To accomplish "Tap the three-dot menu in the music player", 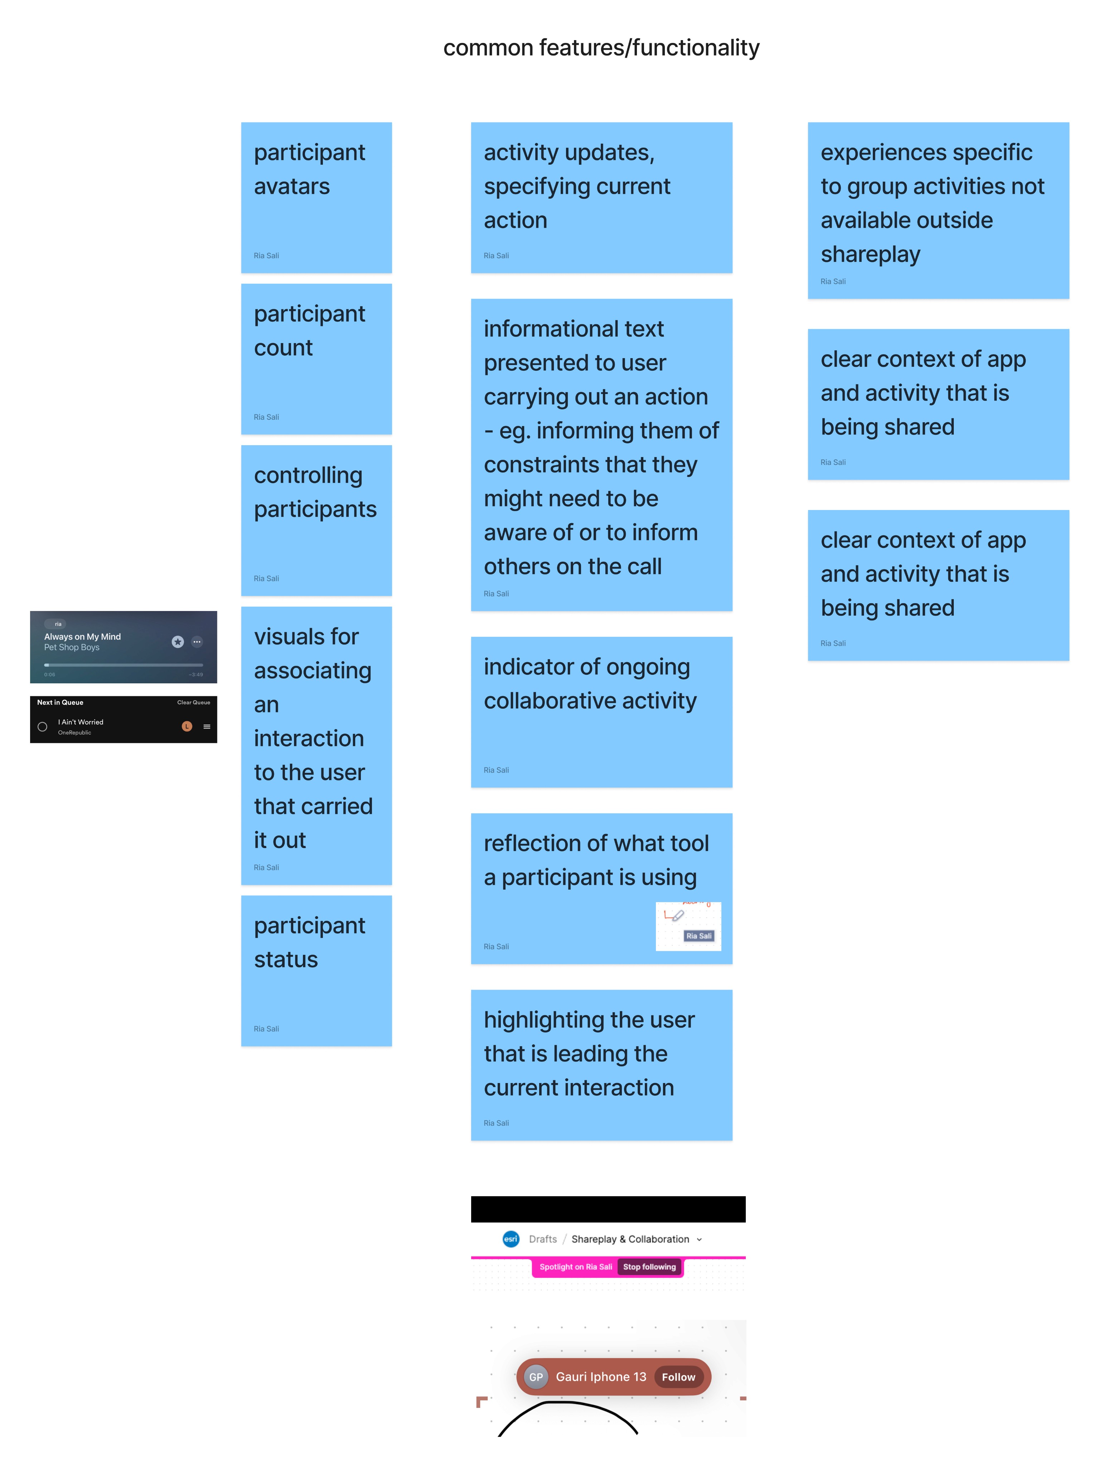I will click(x=197, y=641).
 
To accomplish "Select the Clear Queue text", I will click(x=194, y=702).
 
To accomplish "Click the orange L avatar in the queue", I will click(x=187, y=726).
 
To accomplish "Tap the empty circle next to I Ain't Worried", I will click(x=43, y=727).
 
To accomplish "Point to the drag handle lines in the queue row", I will click(x=207, y=727).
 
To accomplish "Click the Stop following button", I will click(x=649, y=1267).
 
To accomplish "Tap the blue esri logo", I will click(x=511, y=1239).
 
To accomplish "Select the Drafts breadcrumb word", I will click(x=542, y=1239).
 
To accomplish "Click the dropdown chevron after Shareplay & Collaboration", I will click(x=699, y=1240).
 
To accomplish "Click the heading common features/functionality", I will click(x=601, y=48).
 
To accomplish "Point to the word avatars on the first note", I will click(x=292, y=186).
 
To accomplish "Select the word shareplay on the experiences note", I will click(x=870, y=254).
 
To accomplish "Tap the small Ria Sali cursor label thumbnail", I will click(x=699, y=936).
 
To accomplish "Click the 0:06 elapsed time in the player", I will click(x=50, y=674).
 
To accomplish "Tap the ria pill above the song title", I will click(x=58, y=624).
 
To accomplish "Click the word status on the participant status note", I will click(x=286, y=959).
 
